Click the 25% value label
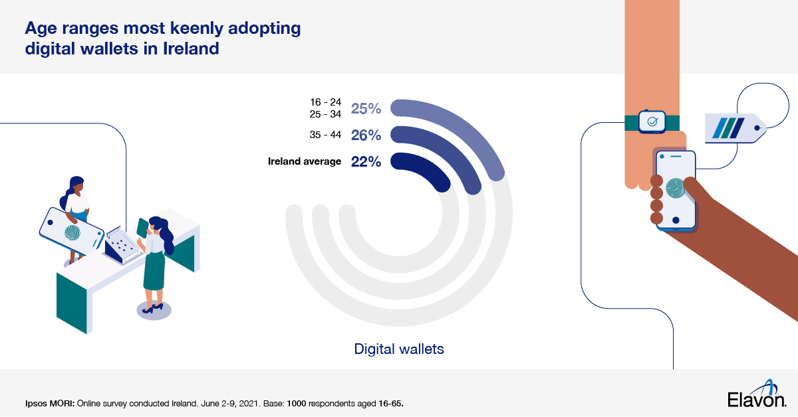point(366,109)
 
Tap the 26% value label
point(366,135)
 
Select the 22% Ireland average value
point(366,161)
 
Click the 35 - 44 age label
point(326,135)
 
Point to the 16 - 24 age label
point(326,102)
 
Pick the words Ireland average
point(305,161)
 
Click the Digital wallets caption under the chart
point(399,348)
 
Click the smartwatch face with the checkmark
point(652,122)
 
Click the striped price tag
point(731,127)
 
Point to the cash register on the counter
point(121,244)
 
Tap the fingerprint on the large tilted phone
point(71,233)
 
